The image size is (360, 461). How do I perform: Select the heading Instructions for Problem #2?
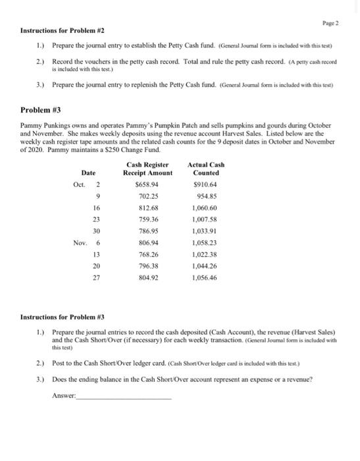63,31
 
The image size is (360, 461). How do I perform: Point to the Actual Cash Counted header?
206,169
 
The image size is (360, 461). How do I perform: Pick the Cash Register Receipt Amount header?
147,169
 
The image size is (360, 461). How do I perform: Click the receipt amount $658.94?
147,184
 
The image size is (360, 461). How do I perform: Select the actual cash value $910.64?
206,184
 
